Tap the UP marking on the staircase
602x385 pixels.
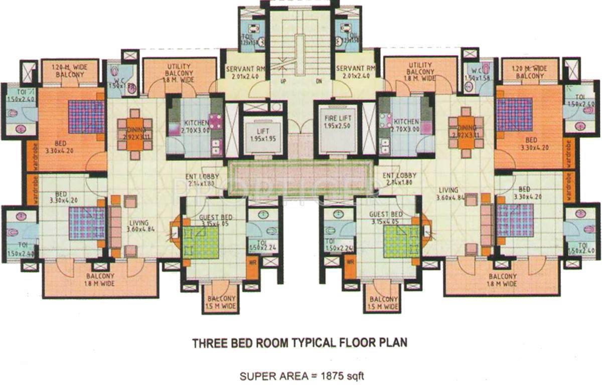click(284, 81)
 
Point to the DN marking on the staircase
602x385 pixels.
click(318, 81)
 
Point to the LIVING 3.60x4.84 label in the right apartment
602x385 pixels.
click(448, 195)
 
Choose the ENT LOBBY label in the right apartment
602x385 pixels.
click(399, 179)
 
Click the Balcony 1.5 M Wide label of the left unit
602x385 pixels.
click(221, 302)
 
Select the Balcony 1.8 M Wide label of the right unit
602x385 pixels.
click(503, 280)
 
